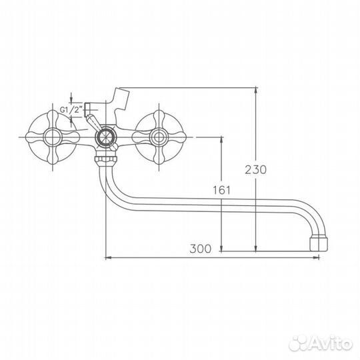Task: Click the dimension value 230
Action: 256,169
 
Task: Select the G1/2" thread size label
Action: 70,109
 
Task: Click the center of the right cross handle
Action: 158,139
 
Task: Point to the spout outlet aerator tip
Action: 319,241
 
